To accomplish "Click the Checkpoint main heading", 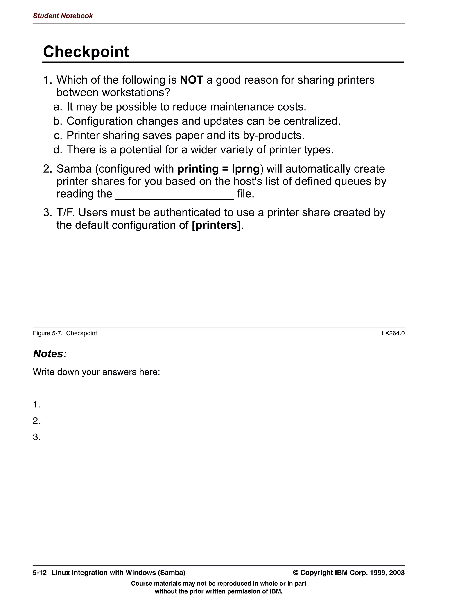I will (86, 52).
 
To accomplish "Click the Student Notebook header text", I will (63, 16).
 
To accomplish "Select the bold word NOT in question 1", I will (191, 80).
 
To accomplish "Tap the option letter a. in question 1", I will (58, 107).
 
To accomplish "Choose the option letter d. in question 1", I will (58, 150).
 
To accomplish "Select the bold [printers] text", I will (216, 225).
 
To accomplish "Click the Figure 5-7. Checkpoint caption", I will (65, 333).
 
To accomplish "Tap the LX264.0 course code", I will (393, 333).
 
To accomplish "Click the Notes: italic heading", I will (50, 354).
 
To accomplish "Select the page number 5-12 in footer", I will (40, 572).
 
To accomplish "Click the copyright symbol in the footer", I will (296, 572).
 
